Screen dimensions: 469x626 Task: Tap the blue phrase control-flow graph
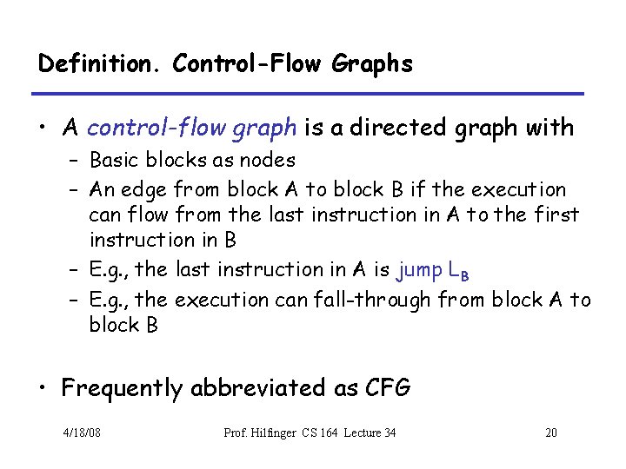[191, 128]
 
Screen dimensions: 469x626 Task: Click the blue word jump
[418, 270]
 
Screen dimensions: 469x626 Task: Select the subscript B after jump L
[464, 276]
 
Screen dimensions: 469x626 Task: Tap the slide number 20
[551, 433]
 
